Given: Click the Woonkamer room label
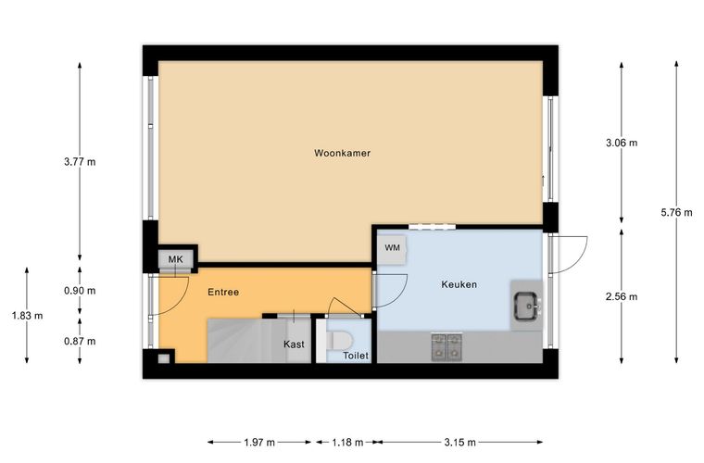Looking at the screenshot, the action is (x=342, y=153).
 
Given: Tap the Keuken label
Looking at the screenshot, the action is (x=459, y=284).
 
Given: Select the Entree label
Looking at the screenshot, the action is (x=223, y=292).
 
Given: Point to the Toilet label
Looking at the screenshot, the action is (x=356, y=356).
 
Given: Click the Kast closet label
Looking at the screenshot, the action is (x=294, y=344).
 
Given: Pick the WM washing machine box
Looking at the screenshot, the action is (x=392, y=248).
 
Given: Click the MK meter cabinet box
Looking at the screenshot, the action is (x=176, y=259).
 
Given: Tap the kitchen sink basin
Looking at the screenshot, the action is (x=526, y=306).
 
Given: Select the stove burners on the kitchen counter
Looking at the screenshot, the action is (x=446, y=347).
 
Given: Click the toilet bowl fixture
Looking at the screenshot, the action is (x=339, y=341).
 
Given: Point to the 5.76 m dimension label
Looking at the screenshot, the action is (x=676, y=213).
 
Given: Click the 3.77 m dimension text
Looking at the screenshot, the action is (x=80, y=162).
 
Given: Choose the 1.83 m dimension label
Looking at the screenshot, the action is (x=28, y=316).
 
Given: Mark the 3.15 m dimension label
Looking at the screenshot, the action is (x=460, y=443).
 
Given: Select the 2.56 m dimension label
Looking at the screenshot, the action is (x=622, y=296).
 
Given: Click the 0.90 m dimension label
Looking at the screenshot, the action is (x=80, y=291).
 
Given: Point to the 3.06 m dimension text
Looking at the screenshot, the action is (x=622, y=144).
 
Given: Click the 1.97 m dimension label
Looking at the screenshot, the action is (x=259, y=443).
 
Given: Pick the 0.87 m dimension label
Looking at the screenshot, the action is (x=80, y=342).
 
